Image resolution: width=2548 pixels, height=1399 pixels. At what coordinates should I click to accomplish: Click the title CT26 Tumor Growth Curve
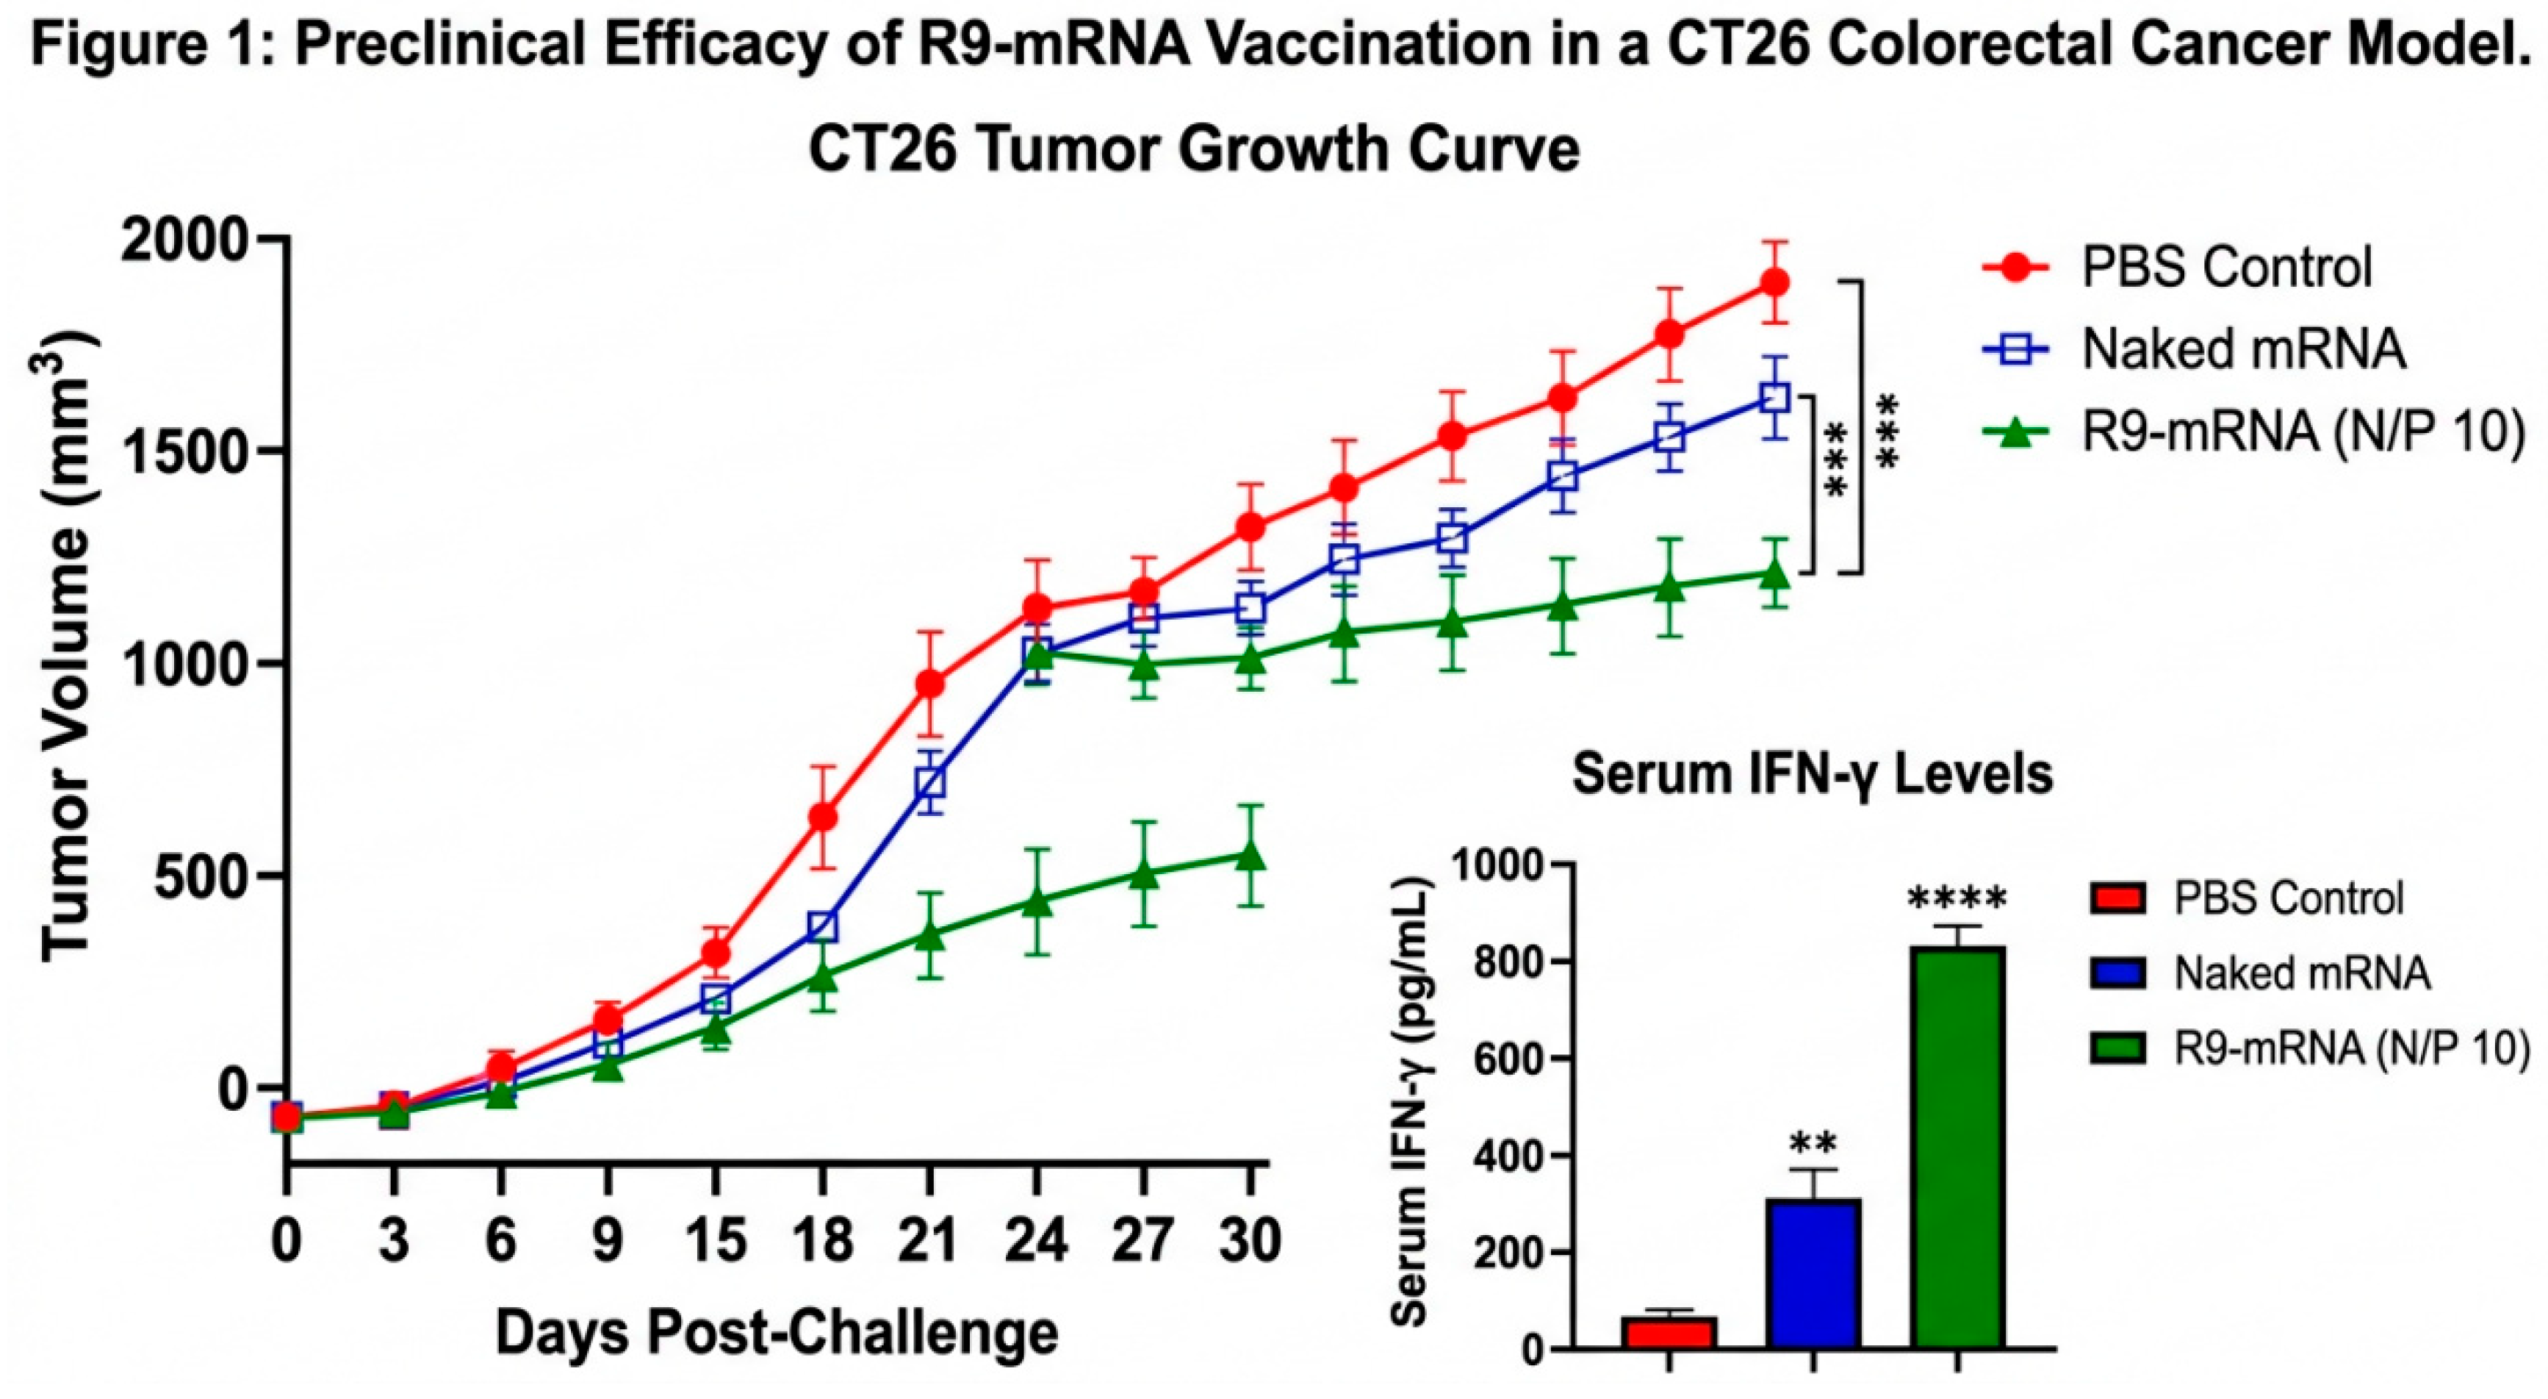pyautogui.click(x=1194, y=151)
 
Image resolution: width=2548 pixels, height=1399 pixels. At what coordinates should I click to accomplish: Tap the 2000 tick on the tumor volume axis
pyautogui.click(x=183, y=240)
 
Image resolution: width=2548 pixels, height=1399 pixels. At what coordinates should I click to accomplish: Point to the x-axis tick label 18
pyautogui.click(x=822, y=1239)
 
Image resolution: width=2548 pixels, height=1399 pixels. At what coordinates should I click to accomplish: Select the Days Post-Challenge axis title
pyautogui.click(x=777, y=1333)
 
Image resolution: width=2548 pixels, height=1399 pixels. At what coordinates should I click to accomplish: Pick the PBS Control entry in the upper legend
pyautogui.click(x=2225, y=267)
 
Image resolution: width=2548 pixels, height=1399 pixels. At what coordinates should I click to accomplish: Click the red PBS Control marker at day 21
pyautogui.click(x=929, y=684)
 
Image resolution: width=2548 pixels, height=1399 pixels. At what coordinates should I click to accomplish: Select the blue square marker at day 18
pyautogui.click(x=822, y=927)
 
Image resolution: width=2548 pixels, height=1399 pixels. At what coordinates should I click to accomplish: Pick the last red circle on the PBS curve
pyautogui.click(x=1776, y=282)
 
